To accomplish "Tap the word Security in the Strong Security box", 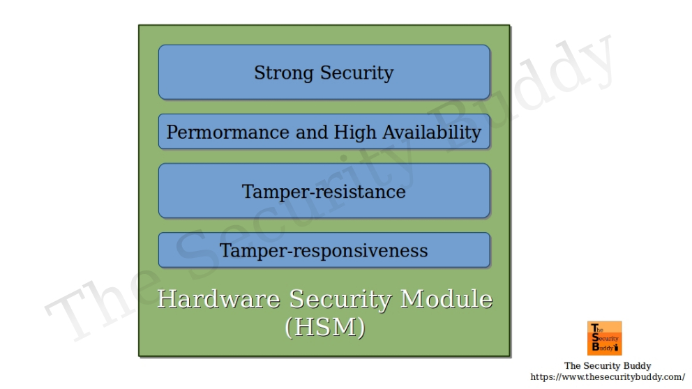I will click(356, 73).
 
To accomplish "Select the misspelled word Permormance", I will click(227, 132).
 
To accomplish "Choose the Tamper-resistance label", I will click(324, 192).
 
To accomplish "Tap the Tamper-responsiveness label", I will click(324, 251).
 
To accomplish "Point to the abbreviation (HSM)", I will click(325, 327).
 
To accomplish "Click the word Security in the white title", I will click(340, 300).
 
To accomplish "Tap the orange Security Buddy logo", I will click(605, 338).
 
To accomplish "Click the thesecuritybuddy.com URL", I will click(608, 377).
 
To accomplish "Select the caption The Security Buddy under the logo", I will click(608, 366).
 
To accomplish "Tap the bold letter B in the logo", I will click(594, 346).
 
